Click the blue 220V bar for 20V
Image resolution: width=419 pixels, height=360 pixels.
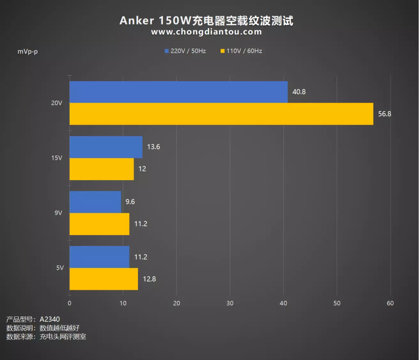[x=179, y=92]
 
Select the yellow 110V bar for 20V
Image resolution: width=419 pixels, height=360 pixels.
[x=221, y=114]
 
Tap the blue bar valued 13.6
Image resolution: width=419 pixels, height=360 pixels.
[x=106, y=147]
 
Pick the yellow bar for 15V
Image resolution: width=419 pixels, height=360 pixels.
[x=102, y=169]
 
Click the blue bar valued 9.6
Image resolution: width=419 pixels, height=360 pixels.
[x=95, y=202]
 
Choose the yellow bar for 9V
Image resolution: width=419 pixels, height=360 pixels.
[x=100, y=224]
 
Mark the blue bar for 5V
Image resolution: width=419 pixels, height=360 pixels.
[x=100, y=257]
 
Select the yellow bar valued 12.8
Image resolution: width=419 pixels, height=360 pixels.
[x=103, y=279]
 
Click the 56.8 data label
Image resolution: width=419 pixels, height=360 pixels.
[x=385, y=114]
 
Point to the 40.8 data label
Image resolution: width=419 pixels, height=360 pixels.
[x=299, y=93]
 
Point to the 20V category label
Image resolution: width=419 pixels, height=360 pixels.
[x=57, y=103]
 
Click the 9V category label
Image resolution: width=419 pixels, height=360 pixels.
[x=59, y=213]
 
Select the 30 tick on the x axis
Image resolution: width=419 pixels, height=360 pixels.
[x=230, y=303]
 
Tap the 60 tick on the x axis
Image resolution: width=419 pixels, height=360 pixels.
[x=390, y=303]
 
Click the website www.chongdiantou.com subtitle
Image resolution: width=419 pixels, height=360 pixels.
[x=206, y=32]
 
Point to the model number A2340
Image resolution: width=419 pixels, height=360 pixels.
[x=50, y=319]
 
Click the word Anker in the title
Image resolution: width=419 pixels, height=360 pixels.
[x=134, y=20]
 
